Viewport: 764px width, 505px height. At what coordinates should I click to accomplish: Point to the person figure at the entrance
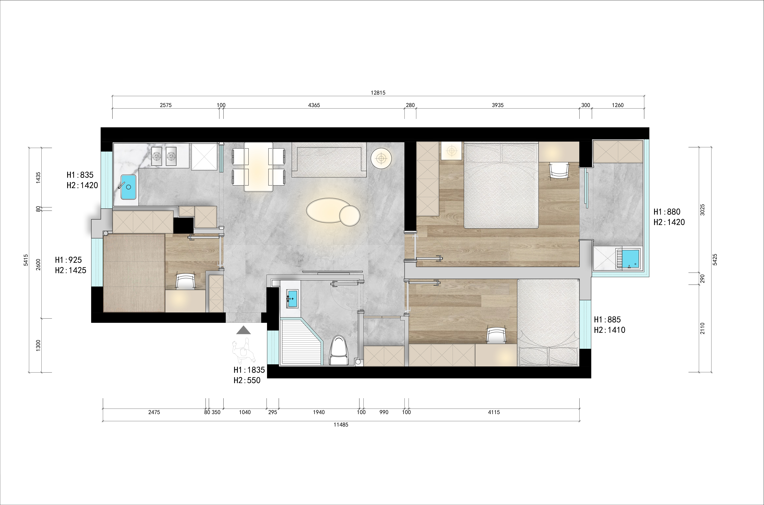point(244,351)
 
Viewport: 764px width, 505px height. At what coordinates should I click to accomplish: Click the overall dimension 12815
point(378,93)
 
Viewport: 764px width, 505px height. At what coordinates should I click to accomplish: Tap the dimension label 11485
point(341,425)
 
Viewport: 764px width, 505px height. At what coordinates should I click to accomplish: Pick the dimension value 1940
point(319,412)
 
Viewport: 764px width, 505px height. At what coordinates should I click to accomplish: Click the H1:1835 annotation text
point(249,370)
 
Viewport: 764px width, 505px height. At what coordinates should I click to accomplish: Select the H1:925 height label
point(68,260)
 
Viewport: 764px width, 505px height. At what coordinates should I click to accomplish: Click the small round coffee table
point(350,215)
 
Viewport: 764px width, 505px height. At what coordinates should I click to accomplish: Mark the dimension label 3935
point(497,105)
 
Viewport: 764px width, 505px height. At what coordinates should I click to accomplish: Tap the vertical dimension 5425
point(715,260)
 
